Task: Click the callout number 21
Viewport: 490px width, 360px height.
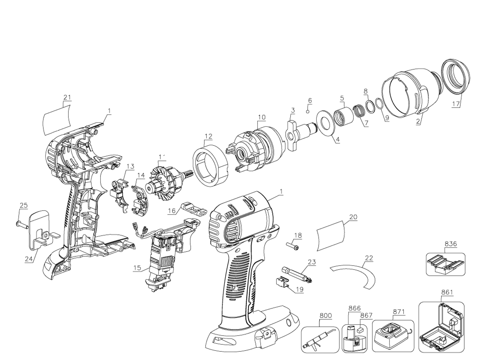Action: coord(67,97)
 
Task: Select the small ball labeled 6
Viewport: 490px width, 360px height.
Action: coord(308,111)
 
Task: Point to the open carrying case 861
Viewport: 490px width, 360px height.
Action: coord(441,327)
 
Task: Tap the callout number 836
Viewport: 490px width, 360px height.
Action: coord(451,244)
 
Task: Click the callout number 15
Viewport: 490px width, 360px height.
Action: coord(137,268)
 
